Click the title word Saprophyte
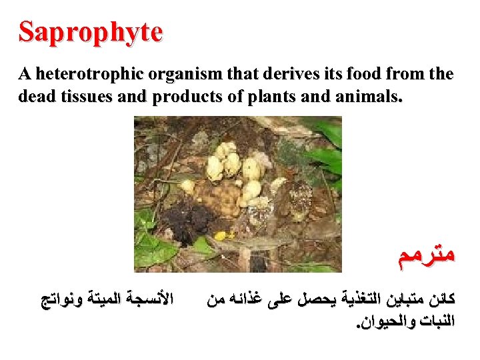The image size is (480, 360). (91, 32)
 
